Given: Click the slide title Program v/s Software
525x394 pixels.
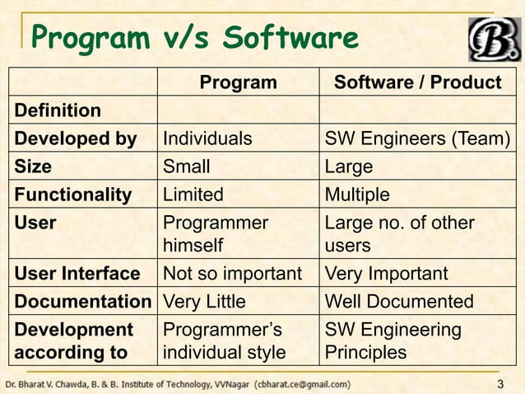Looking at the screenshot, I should point(194,38).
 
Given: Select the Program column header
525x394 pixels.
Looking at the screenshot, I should point(239,82).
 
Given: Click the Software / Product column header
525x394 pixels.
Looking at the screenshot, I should point(417,82).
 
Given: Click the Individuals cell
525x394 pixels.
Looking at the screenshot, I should point(207,138).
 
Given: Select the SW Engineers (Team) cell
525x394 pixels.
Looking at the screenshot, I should point(417,138).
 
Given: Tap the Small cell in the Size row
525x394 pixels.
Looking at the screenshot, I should point(187,167).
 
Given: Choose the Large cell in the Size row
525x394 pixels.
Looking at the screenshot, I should point(350,167).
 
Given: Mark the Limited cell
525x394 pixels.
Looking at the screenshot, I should point(193,195).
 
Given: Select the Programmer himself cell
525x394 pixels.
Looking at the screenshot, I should point(216,234).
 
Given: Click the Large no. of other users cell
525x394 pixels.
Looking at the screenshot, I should point(400,234).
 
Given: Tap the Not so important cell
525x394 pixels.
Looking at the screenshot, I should point(233,274).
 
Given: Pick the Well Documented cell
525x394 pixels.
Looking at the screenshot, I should point(400,302).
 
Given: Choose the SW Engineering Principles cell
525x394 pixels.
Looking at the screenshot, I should point(394,341).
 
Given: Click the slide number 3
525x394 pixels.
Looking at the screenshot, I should point(502,385).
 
